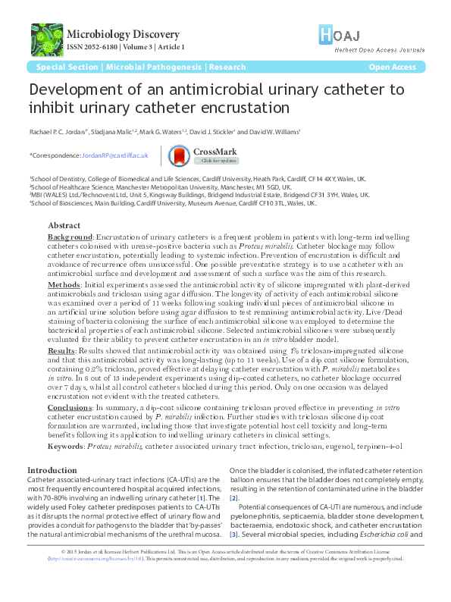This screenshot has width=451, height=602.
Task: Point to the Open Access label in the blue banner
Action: pos(392,67)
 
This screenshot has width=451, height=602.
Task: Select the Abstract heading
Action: pos(65,226)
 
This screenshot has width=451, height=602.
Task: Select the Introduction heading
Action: pos(52,471)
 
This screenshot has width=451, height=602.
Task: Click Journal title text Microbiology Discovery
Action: pos(124,34)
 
